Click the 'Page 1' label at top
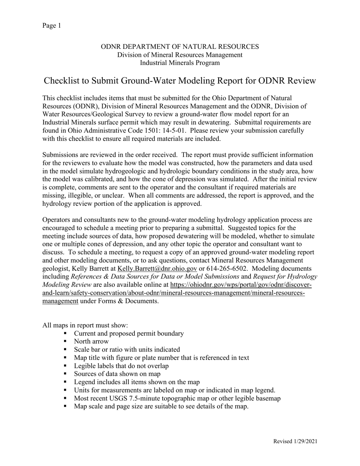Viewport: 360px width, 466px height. pyautogui.click(x=52, y=26)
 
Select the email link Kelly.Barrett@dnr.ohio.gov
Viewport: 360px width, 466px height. pyautogui.click(x=157, y=269)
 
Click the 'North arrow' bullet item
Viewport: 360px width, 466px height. pyautogui.click(x=91, y=341)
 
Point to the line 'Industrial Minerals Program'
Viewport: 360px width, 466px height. pyautogui.click(x=180, y=63)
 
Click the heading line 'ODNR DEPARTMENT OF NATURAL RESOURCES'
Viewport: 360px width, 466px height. pyautogui.click(x=180, y=47)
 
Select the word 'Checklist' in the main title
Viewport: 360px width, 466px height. pyautogui.click(x=61, y=81)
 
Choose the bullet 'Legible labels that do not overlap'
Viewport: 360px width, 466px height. pyautogui.click(x=121, y=366)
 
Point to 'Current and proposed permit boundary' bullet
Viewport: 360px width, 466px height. pyautogui.click(x=129, y=333)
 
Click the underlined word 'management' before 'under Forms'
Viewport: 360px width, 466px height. pyautogui.click(x=60, y=301)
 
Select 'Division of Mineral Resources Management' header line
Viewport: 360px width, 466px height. pyautogui.click(x=180, y=55)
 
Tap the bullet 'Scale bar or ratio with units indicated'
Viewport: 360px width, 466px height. pyautogui.click(x=127, y=350)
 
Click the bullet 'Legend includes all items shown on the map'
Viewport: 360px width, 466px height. pyautogui.click(x=137, y=382)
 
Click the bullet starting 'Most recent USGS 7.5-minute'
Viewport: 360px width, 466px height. pyautogui.click(x=177, y=398)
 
